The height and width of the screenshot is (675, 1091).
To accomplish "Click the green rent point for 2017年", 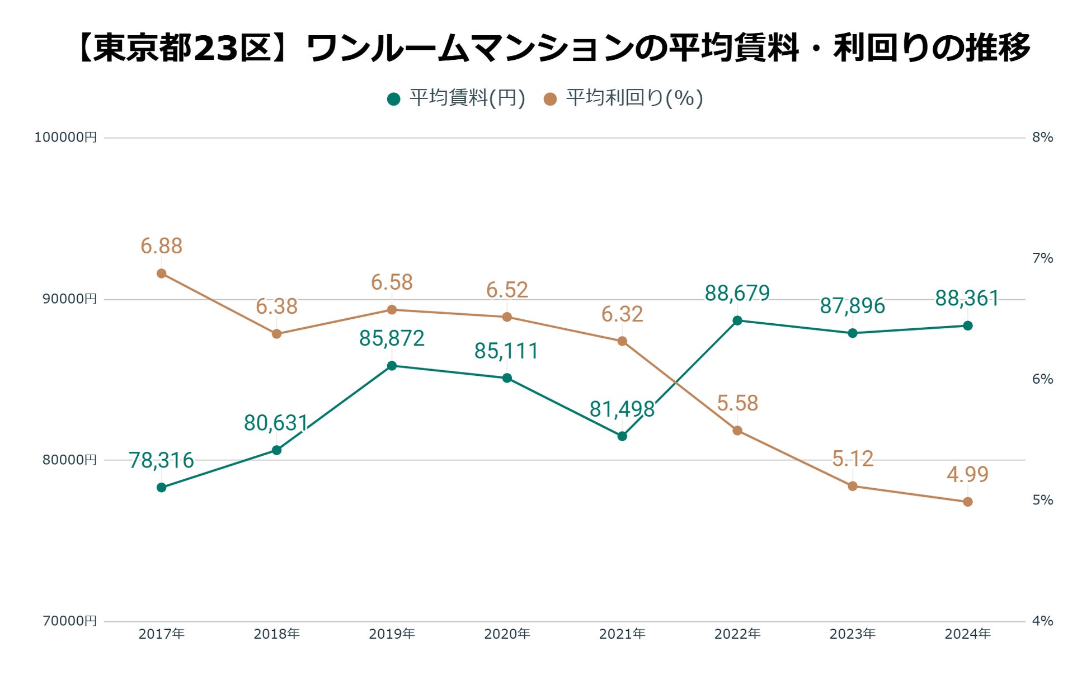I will [x=162, y=487].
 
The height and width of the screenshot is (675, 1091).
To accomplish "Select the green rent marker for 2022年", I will [x=737, y=320].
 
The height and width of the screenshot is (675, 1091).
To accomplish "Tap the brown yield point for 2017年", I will [x=162, y=273].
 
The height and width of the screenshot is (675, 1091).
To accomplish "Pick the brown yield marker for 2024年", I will [x=968, y=502].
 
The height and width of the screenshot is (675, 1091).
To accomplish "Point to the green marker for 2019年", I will [x=392, y=366].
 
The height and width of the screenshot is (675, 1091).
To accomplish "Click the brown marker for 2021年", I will [x=622, y=341].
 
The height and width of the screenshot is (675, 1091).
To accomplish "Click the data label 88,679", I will [x=737, y=293].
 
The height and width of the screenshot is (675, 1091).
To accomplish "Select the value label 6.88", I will [x=161, y=246].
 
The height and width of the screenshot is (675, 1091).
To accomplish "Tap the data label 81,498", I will [x=622, y=409].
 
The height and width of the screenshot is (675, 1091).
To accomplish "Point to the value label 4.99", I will [x=967, y=475].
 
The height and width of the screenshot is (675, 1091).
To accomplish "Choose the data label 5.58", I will [x=737, y=403].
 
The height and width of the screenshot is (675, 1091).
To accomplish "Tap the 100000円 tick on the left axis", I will [x=65, y=138].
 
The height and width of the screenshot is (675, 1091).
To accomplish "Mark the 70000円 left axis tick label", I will [x=69, y=621].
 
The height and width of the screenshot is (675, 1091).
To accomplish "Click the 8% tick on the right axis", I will [x=1042, y=138].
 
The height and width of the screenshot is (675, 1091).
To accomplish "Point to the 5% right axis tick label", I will [x=1042, y=500].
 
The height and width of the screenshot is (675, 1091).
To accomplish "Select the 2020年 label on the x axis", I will [x=507, y=634].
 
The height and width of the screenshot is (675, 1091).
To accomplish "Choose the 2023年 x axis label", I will [x=852, y=634].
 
